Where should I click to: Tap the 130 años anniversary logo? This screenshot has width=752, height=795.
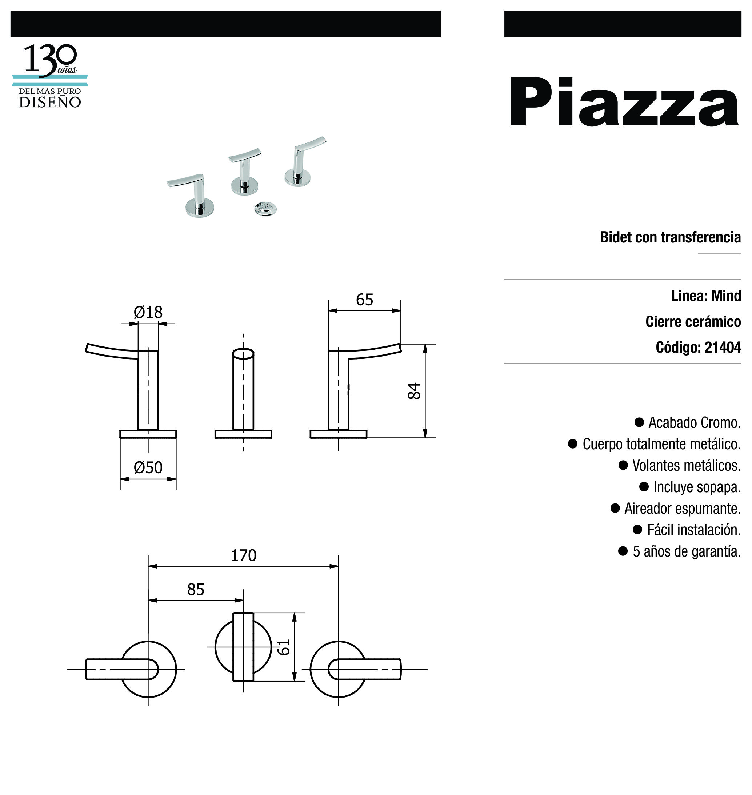click(x=50, y=60)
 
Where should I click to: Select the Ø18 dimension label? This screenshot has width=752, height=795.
click(x=148, y=312)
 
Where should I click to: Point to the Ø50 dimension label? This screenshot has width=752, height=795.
click(x=148, y=467)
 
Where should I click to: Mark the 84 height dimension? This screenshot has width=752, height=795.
click(x=414, y=391)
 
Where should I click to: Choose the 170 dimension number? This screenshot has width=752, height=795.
click(x=243, y=555)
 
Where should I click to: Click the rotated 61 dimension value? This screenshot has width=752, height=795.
click(x=284, y=647)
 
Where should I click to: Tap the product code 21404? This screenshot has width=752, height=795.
click(x=723, y=348)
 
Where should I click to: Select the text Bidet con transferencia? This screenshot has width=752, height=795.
click(x=670, y=237)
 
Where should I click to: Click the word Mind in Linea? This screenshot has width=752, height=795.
click(x=726, y=296)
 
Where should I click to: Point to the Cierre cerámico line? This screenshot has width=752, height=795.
click(x=693, y=322)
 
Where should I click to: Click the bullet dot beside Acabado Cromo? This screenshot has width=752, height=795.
click(x=639, y=422)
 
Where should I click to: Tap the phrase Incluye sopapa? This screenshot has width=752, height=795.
click(x=697, y=487)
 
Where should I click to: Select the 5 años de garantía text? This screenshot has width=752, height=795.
click(x=686, y=551)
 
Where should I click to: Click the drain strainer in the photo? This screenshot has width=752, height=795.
click(x=265, y=208)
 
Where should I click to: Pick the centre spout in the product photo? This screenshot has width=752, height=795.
click(x=244, y=172)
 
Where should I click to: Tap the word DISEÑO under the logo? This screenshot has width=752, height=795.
click(x=50, y=102)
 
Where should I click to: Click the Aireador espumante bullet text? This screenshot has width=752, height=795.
click(x=682, y=509)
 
